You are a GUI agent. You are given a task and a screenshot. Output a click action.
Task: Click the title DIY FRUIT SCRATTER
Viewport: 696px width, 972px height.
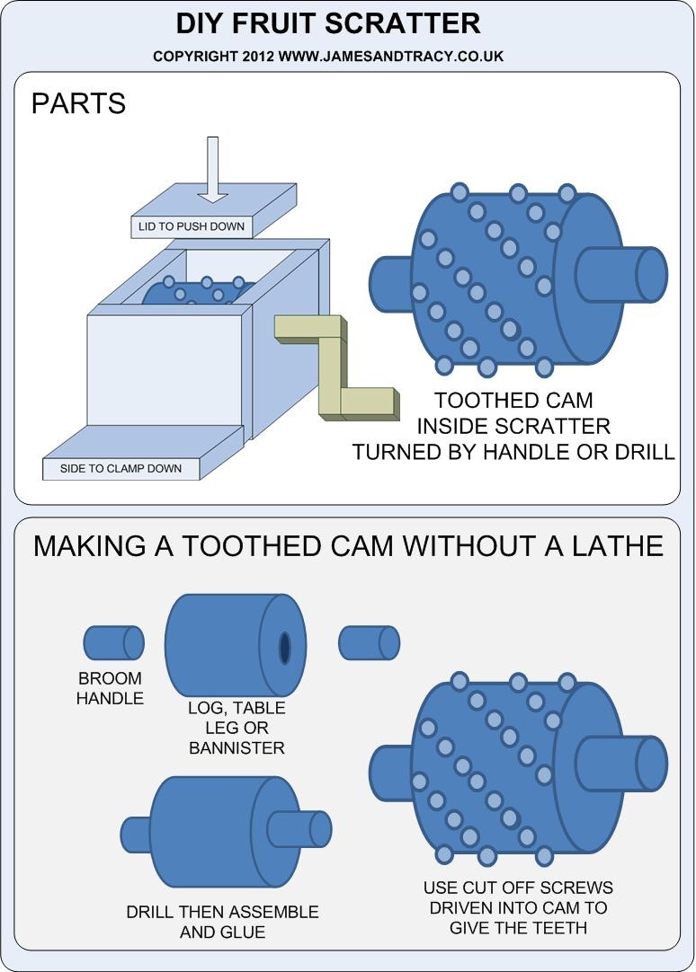[327, 22]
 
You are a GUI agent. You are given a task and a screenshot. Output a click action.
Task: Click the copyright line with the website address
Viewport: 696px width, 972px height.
[327, 56]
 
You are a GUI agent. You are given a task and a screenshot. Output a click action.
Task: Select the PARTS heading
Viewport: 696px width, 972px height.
[78, 103]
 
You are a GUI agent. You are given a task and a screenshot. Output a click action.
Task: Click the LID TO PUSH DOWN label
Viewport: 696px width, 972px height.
[191, 226]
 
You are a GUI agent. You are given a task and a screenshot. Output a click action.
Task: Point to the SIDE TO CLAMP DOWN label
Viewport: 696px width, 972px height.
[120, 468]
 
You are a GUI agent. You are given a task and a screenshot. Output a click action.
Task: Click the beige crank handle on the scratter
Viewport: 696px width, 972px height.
[339, 368]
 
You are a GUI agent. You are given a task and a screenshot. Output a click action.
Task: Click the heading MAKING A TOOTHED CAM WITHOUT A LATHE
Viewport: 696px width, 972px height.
[348, 545]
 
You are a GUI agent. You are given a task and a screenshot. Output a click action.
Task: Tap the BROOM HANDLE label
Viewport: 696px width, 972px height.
[110, 688]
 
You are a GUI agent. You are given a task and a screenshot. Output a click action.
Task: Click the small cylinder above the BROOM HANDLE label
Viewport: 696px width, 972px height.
[113, 642]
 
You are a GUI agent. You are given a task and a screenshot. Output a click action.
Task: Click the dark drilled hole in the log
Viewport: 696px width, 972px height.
[284, 647]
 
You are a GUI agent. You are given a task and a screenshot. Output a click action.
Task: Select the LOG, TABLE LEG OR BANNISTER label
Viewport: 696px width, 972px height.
[236, 727]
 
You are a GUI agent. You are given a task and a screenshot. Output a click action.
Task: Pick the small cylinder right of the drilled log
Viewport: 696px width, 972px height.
[369, 642]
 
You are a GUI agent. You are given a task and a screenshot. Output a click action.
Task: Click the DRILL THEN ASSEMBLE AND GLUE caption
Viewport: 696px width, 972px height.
[222, 922]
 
